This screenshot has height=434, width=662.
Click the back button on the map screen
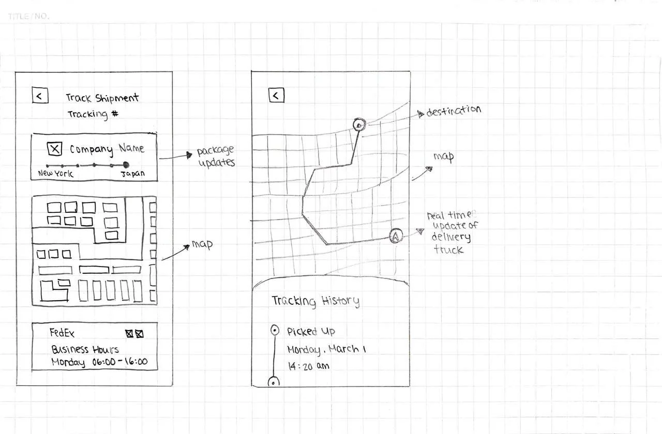pos(276,95)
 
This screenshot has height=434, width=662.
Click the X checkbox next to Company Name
pos(55,149)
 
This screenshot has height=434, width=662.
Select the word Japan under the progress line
pos(133,174)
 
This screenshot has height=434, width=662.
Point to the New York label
pos(55,174)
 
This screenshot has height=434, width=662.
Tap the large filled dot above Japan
pos(126,164)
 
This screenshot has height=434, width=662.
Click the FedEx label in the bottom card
pos(62,333)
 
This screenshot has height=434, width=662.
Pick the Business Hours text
pos(85,349)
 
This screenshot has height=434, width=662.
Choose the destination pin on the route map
pos(359,124)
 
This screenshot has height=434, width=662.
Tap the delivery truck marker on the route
pos(395,236)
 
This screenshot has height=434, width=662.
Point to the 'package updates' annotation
pos(216,157)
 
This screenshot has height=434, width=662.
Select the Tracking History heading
pos(315,301)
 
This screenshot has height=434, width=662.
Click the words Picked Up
pos(311,332)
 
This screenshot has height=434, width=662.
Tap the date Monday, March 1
pos(326,349)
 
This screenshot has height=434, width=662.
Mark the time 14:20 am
pos(308,366)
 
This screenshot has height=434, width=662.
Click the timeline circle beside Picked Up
pos(274,330)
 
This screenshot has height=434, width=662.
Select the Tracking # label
pos(93,114)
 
